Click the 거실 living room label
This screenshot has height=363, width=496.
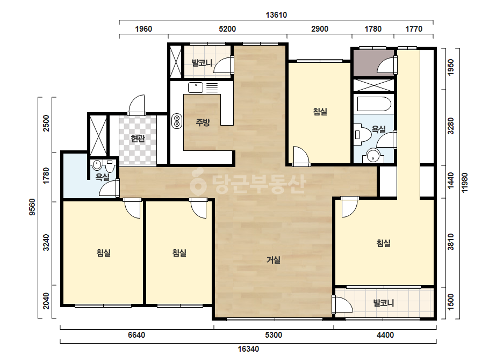(x=274, y=260)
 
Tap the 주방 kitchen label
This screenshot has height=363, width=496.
(x=203, y=122)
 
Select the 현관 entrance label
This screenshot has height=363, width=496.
(x=138, y=138)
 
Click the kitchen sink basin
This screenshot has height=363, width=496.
(x=196, y=88)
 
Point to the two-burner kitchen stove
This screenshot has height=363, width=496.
(x=177, y=121)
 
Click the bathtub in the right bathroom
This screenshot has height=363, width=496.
(x=374, y=104)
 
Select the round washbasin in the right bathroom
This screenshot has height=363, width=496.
(x=375, y=156)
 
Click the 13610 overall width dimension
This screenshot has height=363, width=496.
(x=276, y=15)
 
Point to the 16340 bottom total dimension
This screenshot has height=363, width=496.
(x=248, y=349)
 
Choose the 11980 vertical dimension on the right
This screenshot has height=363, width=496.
(x=464, y=183)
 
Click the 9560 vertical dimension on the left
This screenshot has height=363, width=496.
(x=32, y=207)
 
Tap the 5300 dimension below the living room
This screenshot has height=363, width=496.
(x=274, y=335)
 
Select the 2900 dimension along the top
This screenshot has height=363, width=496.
(x=320, y=29)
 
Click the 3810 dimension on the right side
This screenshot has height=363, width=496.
(x=451, y=242)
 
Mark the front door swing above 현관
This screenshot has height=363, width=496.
(x=136, y=105)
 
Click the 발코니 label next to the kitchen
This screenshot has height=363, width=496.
(x=202, y=63)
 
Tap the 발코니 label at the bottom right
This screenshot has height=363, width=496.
(x=383, y=303)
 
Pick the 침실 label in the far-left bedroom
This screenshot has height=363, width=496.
(x=103, y=252)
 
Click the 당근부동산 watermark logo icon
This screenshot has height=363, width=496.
(x=198, y=183)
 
